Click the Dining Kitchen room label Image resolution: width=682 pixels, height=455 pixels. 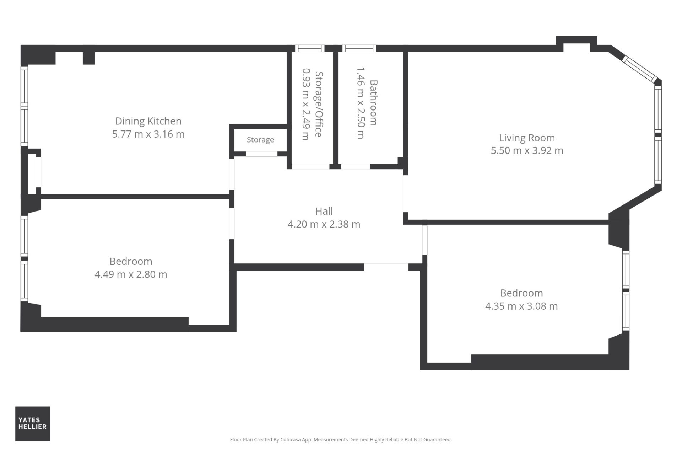click(x=148, y=122)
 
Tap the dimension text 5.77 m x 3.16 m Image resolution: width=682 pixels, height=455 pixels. click(x=148, y=134)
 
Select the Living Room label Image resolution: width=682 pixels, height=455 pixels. click(x=527, y=138)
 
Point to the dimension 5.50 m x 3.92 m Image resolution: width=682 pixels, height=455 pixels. click(x=527, y=151)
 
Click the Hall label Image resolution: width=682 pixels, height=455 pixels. click(x=324, y=211)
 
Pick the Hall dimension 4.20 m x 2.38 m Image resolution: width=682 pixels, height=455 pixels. click(x=324, y=224)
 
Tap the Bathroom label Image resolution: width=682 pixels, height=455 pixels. click(x=373, y=103)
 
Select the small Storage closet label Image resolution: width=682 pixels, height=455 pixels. click(x=260, y=140)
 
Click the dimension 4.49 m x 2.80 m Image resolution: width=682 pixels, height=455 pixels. click(x=131, y=274)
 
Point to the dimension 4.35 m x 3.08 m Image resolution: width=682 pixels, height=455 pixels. click(x=521, y=306)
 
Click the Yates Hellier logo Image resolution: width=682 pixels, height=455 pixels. click(x=33, y=424)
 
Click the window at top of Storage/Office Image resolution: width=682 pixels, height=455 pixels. click(x=310, y=49)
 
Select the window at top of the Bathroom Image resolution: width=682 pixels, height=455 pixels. click(x=359, y=49)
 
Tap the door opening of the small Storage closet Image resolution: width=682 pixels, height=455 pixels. click(x=261, y=154)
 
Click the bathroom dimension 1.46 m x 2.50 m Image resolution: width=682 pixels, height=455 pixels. click(x=361, y=103)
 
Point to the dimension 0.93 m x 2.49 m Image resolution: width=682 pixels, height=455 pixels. click(x=305, y=105)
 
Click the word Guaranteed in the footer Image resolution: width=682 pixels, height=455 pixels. click(x=438, y=440)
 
